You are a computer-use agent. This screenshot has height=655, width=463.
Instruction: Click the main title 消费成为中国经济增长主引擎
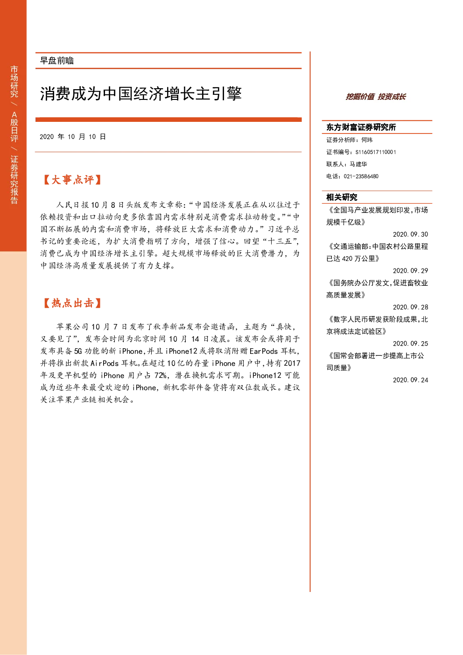click(x=140, y=93)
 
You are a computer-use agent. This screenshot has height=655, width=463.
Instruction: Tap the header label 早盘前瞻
click(x=56, y=61)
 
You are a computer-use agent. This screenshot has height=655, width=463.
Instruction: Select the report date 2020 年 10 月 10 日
click(x=72, y=137)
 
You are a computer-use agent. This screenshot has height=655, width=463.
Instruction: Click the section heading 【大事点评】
click(x=72, y=180)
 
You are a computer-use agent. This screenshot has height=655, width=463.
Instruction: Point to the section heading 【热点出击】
click(x=72, y=303)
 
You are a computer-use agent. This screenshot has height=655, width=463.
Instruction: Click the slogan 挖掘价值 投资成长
click(x=376, y=97)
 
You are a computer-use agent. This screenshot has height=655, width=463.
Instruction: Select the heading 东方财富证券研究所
click(x=361, y=127)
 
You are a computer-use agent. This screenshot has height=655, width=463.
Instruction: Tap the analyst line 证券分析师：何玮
click(x=349, y=140)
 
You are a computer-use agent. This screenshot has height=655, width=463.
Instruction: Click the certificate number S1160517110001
click(x=376, y=152)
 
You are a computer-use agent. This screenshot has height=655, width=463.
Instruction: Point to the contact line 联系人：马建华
click(x=347, y=164)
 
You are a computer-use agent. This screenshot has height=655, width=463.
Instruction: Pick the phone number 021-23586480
click(x=361, y=176)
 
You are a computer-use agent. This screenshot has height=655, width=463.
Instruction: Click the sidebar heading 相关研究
click(x=342, y=197)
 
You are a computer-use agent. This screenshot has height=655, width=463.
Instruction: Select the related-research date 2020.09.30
click(x=410, y=234)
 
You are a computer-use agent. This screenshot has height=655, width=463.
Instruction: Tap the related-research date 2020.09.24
click(x=410, y=380)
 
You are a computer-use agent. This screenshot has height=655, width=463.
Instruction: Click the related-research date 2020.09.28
click(x=410, y=307)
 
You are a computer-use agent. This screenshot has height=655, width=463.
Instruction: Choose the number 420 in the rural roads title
click(x=347, y=259)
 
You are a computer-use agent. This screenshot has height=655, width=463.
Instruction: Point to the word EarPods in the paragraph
click(x=263, y=351)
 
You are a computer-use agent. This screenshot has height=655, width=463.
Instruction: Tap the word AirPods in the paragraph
click(x=105, y=363)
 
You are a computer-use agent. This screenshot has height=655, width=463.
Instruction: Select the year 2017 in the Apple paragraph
click(x=292, y=363)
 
